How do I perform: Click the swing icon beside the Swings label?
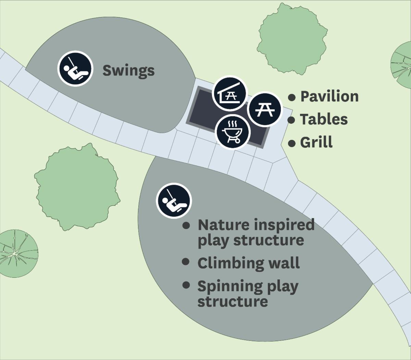[75, 68]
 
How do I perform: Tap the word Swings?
[128, 71]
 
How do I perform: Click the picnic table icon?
[264, 109]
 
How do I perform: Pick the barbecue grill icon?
[233, 132]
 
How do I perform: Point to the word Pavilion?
[329, 97]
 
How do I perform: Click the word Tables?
[324, 119]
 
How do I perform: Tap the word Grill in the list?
[316, 142]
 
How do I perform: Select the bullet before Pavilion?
[292, 97]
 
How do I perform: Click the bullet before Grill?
[292, 143]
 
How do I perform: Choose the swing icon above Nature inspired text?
[174, 201]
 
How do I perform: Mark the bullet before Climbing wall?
[186, 262]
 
